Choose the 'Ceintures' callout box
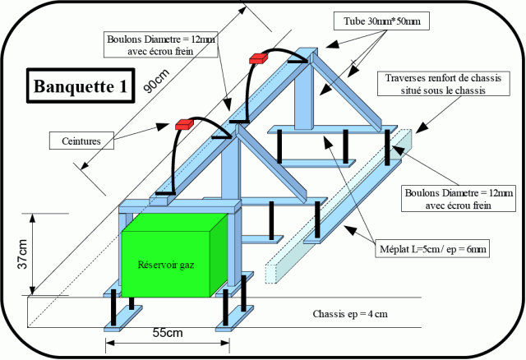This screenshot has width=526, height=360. coord(80,141)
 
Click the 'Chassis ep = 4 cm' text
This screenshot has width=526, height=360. coord(354,314)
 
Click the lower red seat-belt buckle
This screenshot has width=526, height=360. coord(183,125)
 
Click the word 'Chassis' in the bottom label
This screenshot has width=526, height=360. coord(330,314)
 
